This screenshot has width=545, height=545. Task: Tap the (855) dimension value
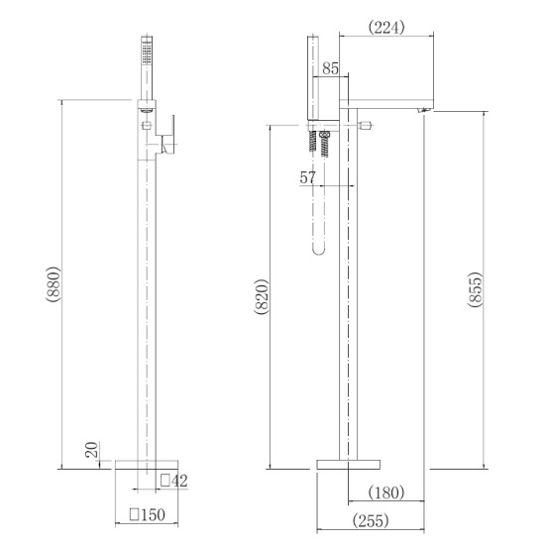pos(475,289)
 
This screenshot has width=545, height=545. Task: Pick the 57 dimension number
pos(308,177)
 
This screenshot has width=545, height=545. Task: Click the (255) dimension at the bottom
pos(367,519)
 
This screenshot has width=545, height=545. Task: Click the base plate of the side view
pos(349,463)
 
